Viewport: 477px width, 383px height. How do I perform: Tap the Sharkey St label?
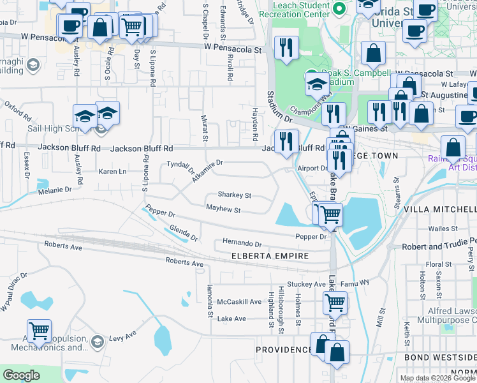(234, 195)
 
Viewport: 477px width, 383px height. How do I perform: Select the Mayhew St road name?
(223, 209)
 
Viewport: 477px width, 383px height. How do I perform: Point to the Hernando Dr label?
(242, 243)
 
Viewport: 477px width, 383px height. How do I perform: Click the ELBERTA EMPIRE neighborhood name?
(270, 256)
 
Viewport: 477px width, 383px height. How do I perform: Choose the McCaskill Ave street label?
(239, 301)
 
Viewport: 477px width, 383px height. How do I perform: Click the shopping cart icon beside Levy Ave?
(39, 331)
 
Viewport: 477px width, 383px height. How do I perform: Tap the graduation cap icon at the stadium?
(316, 83)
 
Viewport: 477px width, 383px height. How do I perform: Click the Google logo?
(21, 375)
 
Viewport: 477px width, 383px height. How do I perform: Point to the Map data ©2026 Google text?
(437, 378)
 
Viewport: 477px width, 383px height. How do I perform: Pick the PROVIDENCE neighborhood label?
(284, 350)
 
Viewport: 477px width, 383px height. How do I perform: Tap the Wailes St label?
(443, 227)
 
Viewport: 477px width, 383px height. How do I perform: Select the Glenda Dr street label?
(183, 233)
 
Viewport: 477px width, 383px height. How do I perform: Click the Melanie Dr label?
(54, 190)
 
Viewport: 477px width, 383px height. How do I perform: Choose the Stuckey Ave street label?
(302, 283)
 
